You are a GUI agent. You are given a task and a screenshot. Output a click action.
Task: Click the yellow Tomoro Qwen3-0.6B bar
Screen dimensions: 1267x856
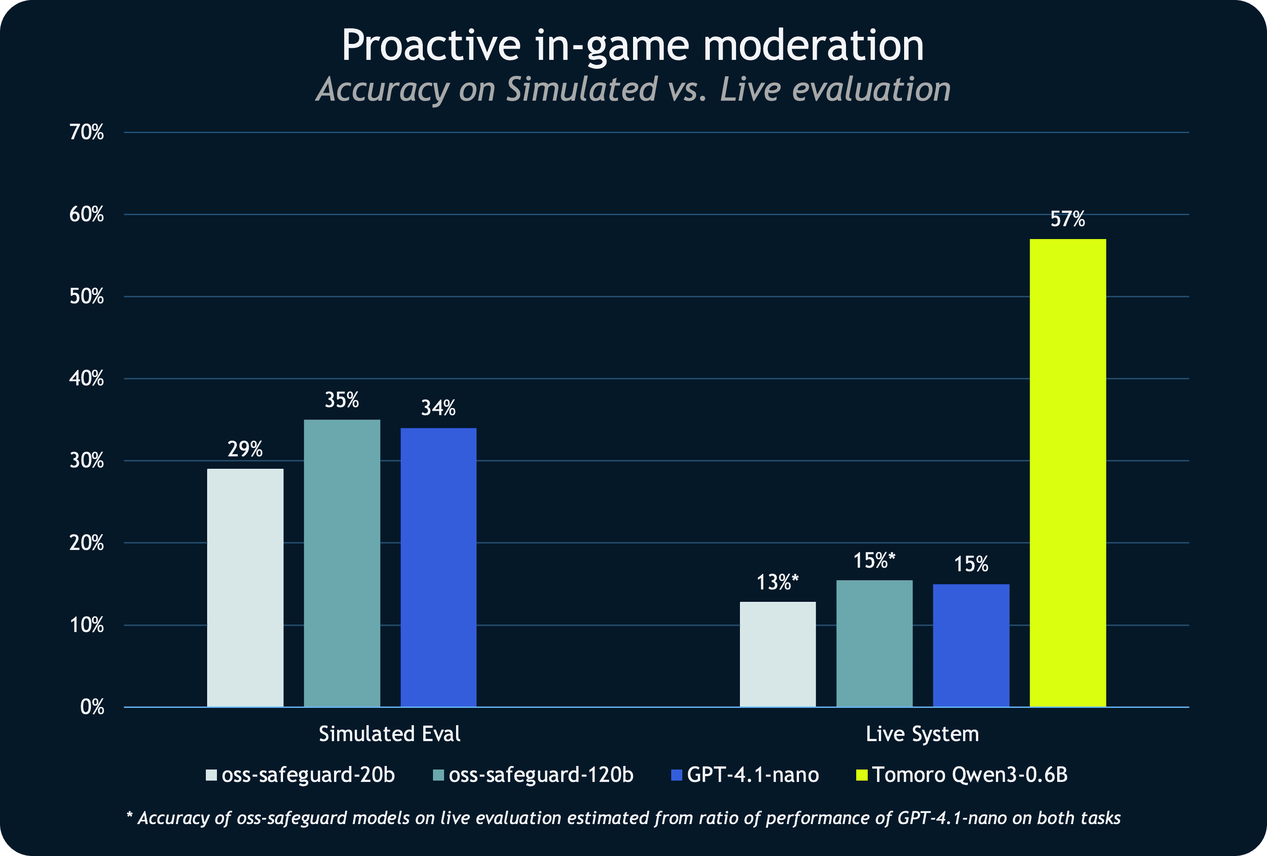[1067, 473]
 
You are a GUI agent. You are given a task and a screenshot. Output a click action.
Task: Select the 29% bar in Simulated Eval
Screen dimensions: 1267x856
[245, 588]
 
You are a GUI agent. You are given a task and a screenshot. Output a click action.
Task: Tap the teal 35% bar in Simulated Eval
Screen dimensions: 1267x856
[342, 563]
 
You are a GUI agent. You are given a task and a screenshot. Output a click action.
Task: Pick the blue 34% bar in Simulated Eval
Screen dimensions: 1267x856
[438, 568]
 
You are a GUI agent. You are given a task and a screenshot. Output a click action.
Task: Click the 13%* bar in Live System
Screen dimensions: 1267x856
[778, 654]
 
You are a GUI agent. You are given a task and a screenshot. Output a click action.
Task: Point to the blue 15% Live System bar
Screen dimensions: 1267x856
[971, 645]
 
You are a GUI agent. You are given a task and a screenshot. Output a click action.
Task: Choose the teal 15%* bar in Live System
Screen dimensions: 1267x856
[874, 644]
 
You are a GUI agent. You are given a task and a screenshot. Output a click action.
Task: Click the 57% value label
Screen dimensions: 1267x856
[1067, 219]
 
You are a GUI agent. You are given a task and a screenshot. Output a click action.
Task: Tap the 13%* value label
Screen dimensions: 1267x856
[777, 582]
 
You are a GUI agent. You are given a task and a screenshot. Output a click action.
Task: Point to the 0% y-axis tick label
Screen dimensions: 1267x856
[92, 707]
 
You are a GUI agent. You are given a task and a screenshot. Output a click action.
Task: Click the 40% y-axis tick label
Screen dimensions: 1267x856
[87, 378]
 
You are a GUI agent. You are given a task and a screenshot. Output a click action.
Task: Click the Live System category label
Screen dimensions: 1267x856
[922, 734]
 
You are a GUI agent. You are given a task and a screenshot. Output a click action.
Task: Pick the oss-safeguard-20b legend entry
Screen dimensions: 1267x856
[300, 775]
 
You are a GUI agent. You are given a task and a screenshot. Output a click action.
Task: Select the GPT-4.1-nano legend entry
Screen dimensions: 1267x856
[745, 775]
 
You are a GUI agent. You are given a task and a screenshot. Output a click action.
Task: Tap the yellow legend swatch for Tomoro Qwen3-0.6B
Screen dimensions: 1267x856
[862, 775]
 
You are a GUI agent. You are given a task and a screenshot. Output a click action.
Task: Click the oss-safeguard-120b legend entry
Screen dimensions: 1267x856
[533, 775]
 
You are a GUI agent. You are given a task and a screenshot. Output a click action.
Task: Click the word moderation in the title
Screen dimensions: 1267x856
[814, 45]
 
